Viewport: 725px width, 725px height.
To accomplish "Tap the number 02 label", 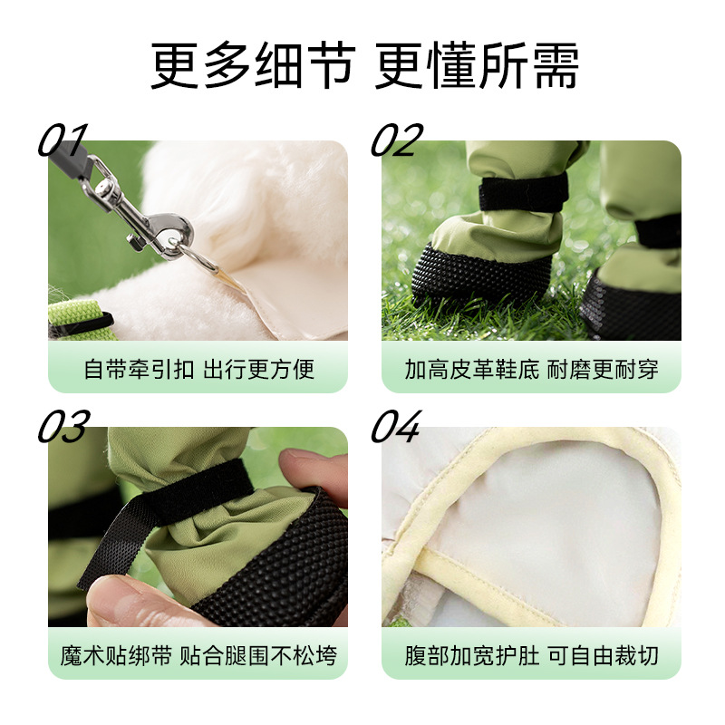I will [x=397, y=141].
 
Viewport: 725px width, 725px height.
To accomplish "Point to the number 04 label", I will [x=397, y=427].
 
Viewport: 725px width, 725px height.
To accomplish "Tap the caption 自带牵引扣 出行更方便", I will [x=198, y=370].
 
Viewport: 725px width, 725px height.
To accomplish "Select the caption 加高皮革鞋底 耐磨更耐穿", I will [x=531, y=370].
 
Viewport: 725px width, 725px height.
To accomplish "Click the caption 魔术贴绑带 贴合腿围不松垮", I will [x=198, y=655].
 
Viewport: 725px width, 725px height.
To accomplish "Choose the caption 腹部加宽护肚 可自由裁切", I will [x=531, y=655].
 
